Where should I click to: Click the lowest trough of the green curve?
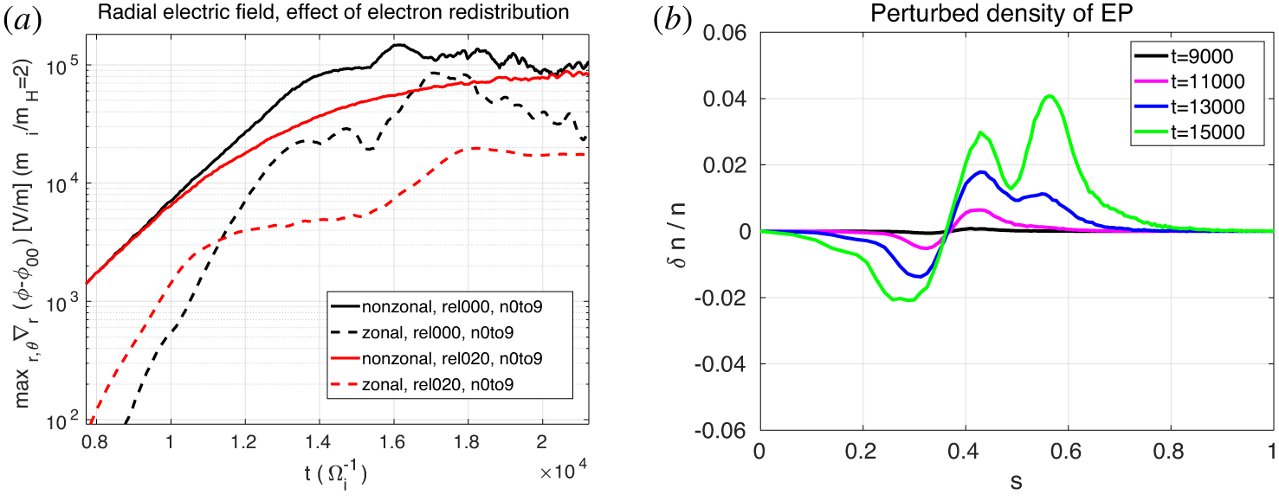908,300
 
